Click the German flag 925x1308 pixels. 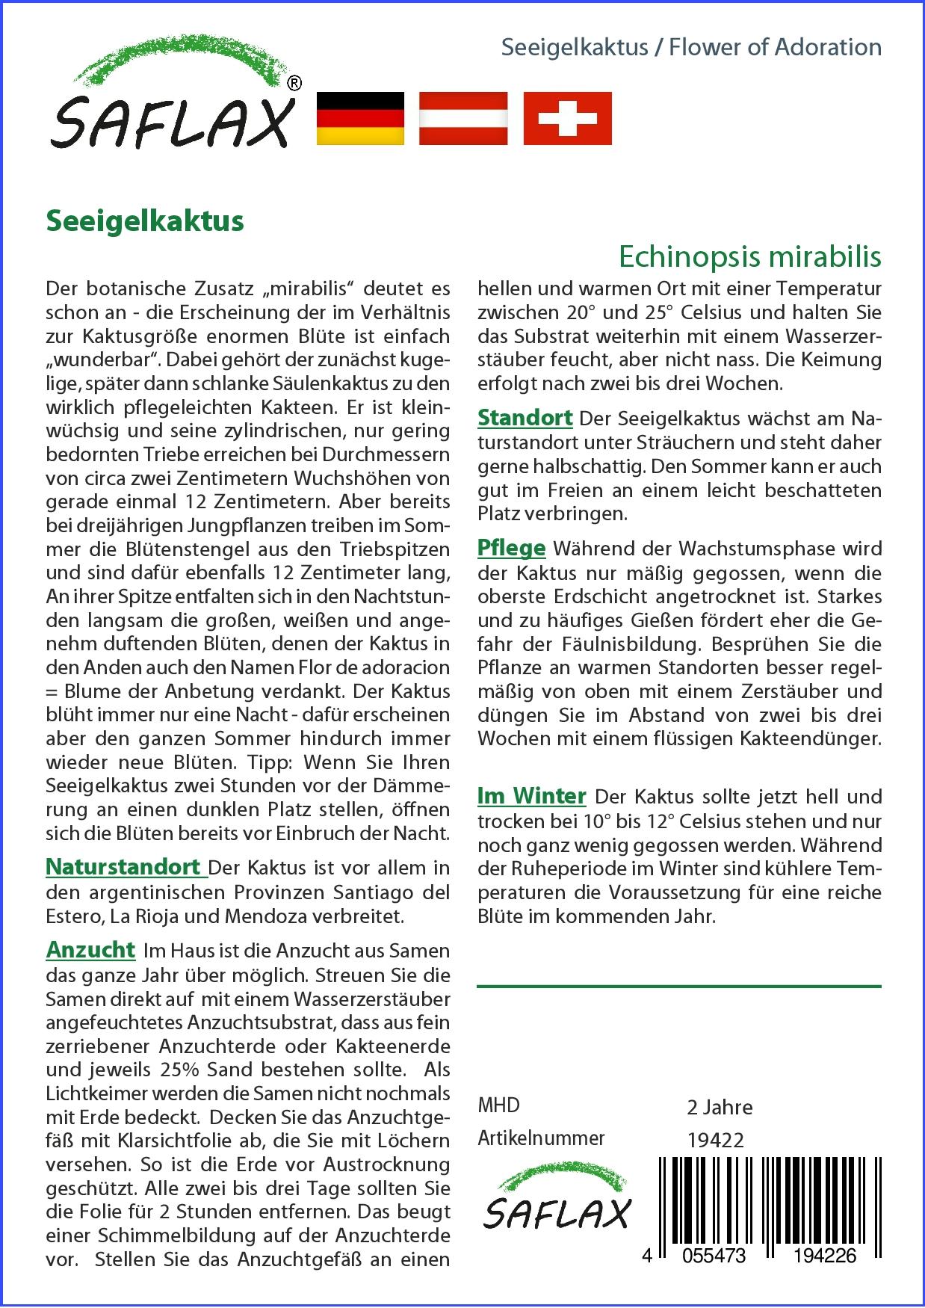pos(360,118)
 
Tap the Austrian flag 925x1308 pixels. pos(463,118)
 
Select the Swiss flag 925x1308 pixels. pos(567,118)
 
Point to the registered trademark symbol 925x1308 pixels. pos(294,84)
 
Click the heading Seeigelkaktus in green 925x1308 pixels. pos(145,221)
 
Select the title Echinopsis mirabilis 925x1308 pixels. pos(749,256)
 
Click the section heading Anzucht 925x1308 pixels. pos(90,950)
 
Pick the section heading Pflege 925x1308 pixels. pos(511,548)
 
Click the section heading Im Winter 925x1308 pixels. pos(531,796)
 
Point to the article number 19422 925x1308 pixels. pos(715,1140)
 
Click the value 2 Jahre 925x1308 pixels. pos(720,1107)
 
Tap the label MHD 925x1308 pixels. pos(498,1105)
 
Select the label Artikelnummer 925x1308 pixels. pos(541,1138)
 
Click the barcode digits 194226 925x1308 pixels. pos(825,1255)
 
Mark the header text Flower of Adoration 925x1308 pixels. pos(775,47)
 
